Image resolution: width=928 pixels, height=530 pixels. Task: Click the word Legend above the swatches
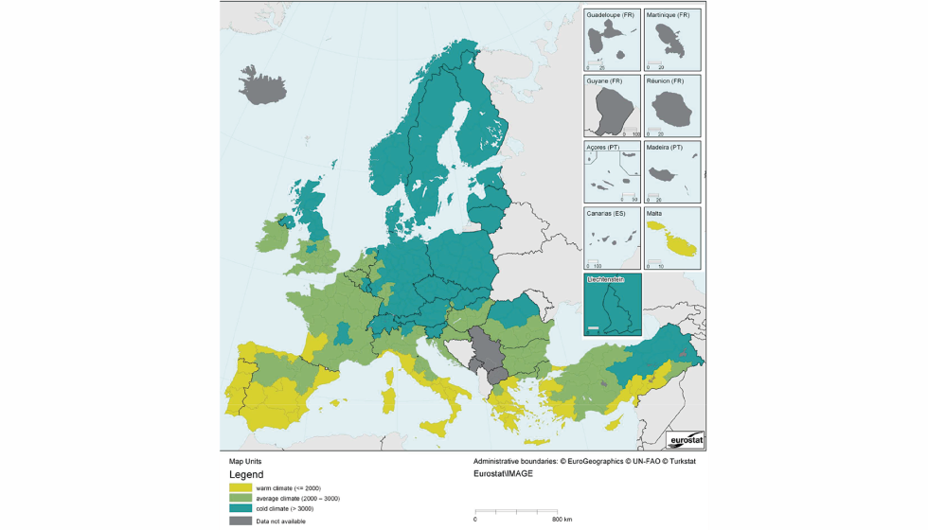(246, 475)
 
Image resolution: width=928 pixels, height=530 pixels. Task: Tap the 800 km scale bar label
(561, 519)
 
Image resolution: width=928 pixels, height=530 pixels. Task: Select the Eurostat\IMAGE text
(503, 473)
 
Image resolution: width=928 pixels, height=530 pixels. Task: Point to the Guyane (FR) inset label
(603, 81)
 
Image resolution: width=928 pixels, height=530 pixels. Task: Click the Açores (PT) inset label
(602, 148)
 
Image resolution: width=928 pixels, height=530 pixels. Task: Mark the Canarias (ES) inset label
(605, 214)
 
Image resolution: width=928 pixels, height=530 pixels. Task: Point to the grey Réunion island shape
(672, 111)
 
